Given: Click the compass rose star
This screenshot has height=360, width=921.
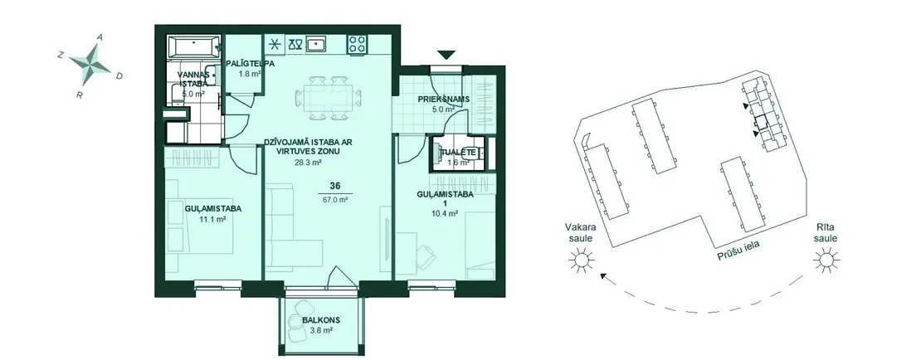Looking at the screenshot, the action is pyautogui.click(x=90, y=63).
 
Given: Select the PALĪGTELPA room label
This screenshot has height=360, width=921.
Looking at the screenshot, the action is pyautogui.click(x=251, y=63).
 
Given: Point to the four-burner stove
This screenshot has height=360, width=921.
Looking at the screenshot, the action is pyautogui.click(x=357, y=44).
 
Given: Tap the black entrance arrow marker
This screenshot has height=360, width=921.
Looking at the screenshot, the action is pyautogui.click(x=447, y=56).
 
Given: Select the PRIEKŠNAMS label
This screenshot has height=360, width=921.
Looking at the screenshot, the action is pyautogui.click(x=443, y=100).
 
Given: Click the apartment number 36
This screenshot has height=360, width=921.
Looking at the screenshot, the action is pyautogui.click(x=335, y=186).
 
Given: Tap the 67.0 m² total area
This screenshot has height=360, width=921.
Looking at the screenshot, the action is pyautogui.click(x=335, y=199).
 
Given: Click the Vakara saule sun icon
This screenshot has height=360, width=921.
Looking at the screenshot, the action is pyautogui.click(x=581, y=259).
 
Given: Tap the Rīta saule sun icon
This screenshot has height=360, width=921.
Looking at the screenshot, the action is pyautogui.click(x=826, y=259).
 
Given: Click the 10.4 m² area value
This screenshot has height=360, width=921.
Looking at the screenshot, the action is pyautogui.click(x=446, y=214).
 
